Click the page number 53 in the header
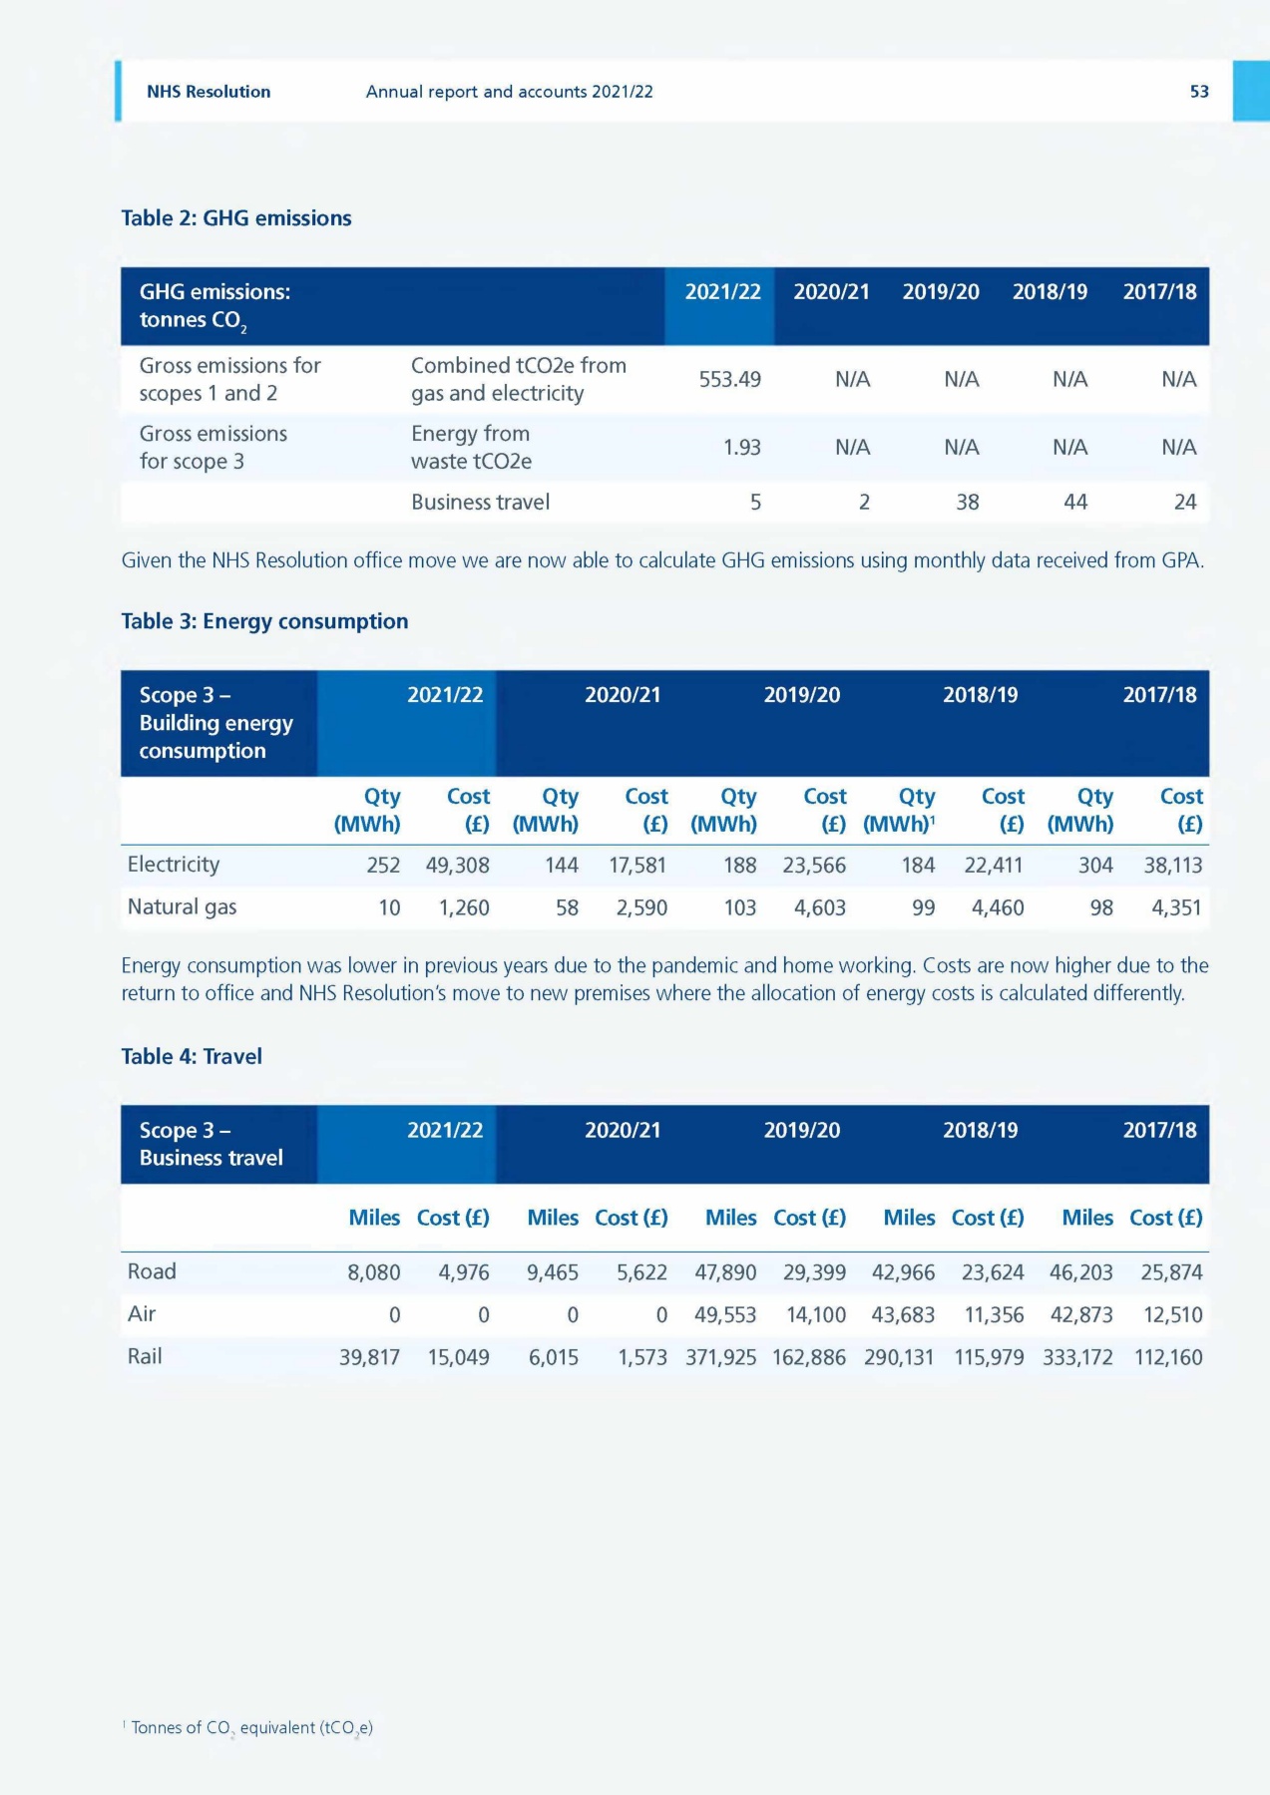pos(1198,92)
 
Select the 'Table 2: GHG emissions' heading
pos(236,218)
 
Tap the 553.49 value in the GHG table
pos(729,379)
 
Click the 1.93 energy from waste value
pos(741,448)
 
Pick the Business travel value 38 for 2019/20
pos(967,503)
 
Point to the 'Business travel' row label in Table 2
pos(480,503)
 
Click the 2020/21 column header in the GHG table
pos(831,292)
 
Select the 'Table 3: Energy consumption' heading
pos(264,621)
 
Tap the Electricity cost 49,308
pos(457,866)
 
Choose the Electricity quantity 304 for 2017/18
pos(1094,866)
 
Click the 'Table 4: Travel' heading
pos(192,1057)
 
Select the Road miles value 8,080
pos(373,1272)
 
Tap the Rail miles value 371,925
pos(720,1357)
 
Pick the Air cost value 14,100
pos(815,1315)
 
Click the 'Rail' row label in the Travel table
pos(145,1356)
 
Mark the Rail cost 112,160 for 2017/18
pos(1167,1357)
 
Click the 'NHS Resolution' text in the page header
pos(209,92)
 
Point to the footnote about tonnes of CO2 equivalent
pos(249,1728)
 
